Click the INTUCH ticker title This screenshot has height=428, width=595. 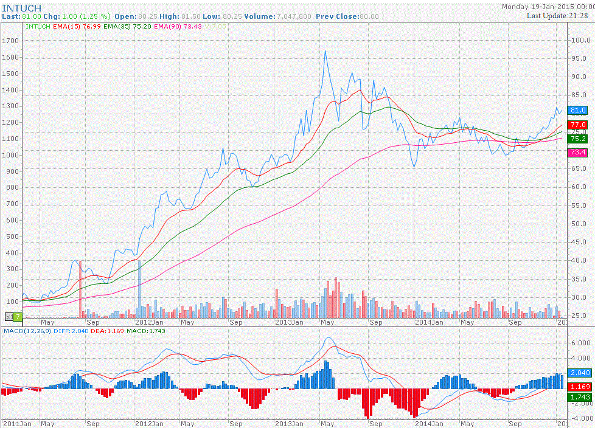click(x=21, y=7)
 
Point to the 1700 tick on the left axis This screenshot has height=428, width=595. click(x=12, y=41)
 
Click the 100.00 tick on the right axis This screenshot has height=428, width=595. click(x=581, y=40)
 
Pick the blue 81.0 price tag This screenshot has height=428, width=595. click(x=578, y=110)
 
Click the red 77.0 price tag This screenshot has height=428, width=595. click(x=578, y=125)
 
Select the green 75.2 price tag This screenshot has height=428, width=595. click(x=578, y=139)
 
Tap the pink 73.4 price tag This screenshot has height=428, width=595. click(x=578, y=152)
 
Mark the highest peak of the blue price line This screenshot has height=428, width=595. click(x=325, y=51)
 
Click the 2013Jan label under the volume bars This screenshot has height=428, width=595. click(x=289, y=322)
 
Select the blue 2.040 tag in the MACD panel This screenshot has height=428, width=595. click(x=578, y=373)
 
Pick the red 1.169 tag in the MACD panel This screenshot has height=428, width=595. click(x=578, y=386)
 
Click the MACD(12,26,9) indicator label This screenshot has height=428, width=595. click(x=27, y=330)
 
